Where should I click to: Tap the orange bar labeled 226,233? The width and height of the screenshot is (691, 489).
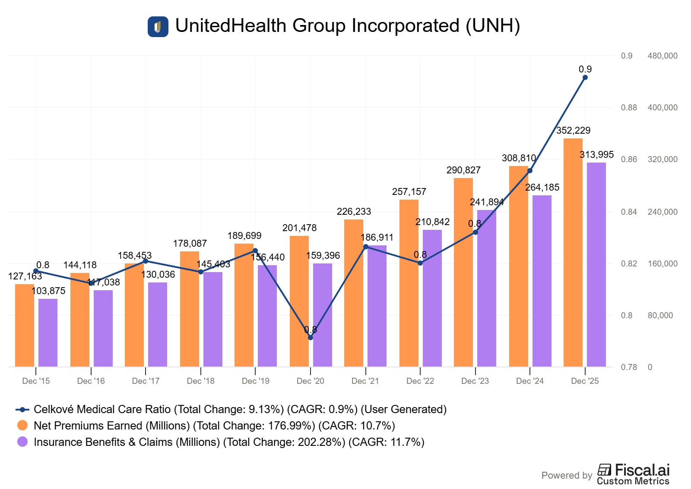coord(354,293)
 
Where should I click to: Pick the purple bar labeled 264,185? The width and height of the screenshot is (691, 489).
coord(542,281)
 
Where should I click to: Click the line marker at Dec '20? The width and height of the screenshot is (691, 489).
coord(311,338)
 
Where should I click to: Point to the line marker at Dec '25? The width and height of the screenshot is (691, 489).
coord(585,78)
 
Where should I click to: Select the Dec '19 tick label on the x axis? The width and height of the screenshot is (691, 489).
coord(255,381)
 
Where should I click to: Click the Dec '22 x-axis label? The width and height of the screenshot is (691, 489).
coord(420,381)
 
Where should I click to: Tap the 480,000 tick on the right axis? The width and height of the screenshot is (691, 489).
coord(662,56)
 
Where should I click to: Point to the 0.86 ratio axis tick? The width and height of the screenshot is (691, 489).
coord(629,159)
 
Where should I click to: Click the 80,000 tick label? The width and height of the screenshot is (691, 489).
coord(660,315)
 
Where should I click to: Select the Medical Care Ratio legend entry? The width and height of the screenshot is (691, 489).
coord(240,409)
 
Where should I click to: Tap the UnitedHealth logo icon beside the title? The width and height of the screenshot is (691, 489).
coord(158,27)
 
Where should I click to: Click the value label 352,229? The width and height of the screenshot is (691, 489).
coord(573,130)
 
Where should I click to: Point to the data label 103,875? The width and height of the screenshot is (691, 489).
coord(48,291)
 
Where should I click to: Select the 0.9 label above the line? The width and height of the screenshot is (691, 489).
coord(585,69)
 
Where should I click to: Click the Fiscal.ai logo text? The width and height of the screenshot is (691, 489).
coord(642,470)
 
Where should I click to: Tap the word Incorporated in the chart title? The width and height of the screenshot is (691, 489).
coord(405,26)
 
